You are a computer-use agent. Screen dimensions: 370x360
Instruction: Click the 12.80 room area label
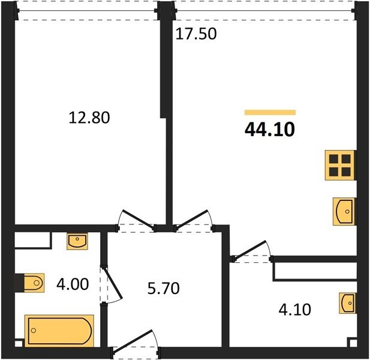(x=89, y=118)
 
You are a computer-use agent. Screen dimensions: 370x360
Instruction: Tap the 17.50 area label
(x=196, y=34)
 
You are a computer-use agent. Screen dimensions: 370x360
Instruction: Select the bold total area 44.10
(x=270, y=130)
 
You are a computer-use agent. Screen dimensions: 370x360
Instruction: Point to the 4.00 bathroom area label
(x=73, y=284)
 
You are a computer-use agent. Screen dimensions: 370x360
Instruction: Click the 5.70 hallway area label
(x=163, y=288)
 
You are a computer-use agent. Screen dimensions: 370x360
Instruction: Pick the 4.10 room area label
(x=294, y=310)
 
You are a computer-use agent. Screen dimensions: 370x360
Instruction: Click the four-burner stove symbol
(x=340, y=165)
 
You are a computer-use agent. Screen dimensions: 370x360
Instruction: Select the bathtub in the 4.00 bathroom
(x=59, y=331)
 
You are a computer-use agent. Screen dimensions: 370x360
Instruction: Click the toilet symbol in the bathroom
(x=34, y=283)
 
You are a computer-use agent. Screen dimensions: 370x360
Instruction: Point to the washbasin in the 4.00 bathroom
(x=77, y=241)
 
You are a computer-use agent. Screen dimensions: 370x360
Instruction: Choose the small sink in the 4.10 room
(x=347, y=304)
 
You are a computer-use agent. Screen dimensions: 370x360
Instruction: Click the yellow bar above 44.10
(x=270, y=112)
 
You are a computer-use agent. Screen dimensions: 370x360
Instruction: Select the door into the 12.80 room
(x=136, y=220)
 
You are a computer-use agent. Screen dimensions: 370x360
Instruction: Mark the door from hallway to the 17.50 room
(x=194, y=220)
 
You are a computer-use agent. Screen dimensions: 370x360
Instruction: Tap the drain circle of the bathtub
(x=34, y=331)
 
